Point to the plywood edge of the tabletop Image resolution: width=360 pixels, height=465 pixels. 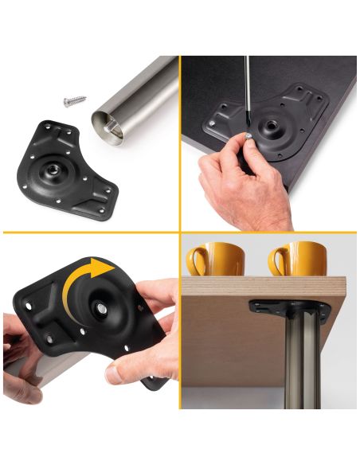[263, 283]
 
